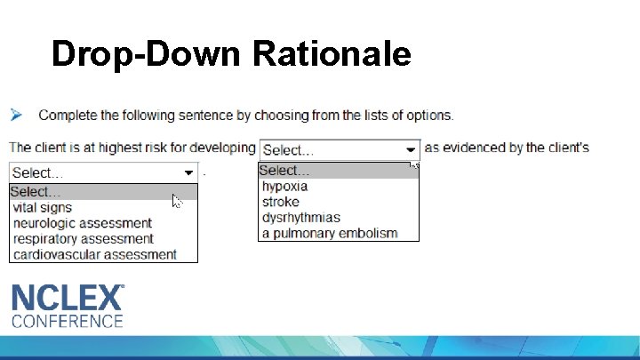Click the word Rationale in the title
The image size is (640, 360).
coord(332,54)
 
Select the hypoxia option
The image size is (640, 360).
coord(284,187)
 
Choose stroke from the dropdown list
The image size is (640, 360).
coord(281,202)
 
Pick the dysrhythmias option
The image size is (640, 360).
coord(300,218)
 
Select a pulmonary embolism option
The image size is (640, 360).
coord(329,234)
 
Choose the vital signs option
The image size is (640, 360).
coord(43,208)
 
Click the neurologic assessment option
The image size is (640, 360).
coord(83,223)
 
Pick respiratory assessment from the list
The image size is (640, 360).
coord(84,239)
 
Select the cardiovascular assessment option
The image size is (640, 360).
coord(95,255)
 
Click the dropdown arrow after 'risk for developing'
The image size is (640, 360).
coord(410,150)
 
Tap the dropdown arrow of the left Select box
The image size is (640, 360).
coord(188,172)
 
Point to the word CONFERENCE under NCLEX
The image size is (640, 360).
coord(67,321)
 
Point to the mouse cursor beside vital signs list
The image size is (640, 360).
coord(176,201)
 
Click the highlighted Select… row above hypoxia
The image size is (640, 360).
coord(338,171)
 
